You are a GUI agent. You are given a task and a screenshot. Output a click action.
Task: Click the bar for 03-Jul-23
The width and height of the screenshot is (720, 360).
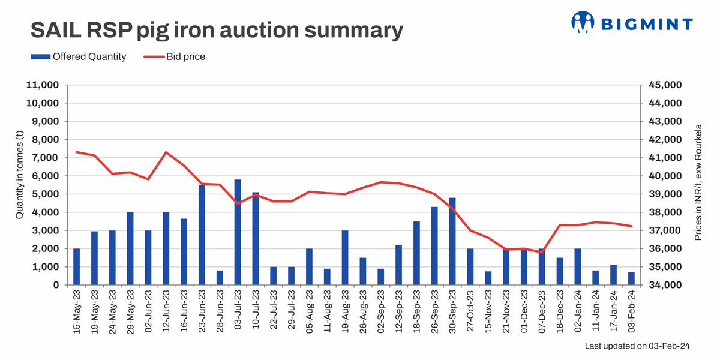coord(238,232)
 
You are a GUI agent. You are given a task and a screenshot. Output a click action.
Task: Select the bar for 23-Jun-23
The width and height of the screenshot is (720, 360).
coord(202,235)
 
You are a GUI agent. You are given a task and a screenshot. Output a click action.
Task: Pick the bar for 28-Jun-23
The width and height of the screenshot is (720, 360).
coord(220,277)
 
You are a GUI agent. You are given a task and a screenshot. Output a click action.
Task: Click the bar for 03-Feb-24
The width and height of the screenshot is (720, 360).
coord(631,278)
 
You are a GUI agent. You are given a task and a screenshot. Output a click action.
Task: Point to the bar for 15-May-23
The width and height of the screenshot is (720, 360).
coord(77,266)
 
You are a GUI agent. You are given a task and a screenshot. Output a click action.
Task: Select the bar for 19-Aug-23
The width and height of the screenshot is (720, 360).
coord(345,257)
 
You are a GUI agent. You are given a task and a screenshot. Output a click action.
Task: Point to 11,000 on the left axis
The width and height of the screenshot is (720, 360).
coord(42,85)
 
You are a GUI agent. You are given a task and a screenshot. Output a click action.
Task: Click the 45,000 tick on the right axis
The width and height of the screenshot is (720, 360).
coord(665,85)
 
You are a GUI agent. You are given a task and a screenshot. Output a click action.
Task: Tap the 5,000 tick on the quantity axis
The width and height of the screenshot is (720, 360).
coord(45,194)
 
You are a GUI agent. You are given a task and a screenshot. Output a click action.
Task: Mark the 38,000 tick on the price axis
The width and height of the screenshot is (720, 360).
coord(665,212)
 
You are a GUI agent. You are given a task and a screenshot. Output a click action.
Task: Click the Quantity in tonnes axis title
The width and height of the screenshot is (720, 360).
coord(19,184)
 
